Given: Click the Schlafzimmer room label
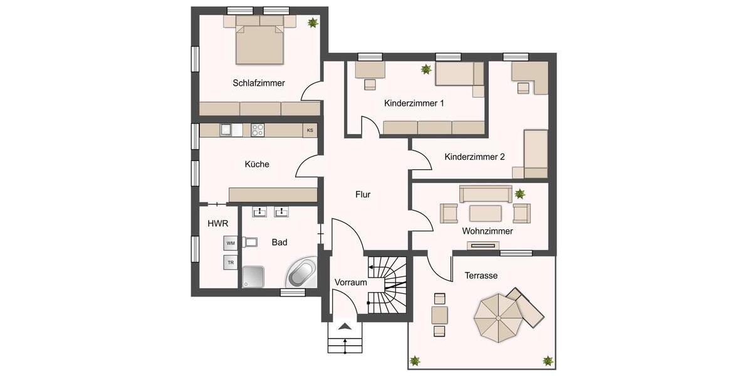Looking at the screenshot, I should click(x=259, y=83).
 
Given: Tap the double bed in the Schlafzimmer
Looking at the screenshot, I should click(x=260, y=43).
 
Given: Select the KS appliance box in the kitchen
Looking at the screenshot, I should click(x=310, y=130).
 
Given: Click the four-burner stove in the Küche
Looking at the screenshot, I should click(x=258, y=130).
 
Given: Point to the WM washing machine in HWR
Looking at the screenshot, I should click(x=231, y=243).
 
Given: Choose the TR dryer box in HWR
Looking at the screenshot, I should click(x=231, y=262).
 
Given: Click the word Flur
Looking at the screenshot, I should click(x=363, y=194).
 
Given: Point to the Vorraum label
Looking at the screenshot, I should click(x=350, y=283).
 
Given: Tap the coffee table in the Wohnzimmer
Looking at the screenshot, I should click(x=486, y=213).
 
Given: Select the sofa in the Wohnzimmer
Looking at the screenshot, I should click(x=486, y=194).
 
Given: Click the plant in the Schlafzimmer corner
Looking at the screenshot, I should click(x=311, y=23).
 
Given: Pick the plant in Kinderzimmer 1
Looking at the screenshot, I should click(x=427, y=69).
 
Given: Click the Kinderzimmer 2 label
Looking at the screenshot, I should click(x=474, y=157).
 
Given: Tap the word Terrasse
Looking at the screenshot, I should click(x=481, y=275).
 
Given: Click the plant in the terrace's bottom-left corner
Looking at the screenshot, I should click(x=415, y=360).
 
